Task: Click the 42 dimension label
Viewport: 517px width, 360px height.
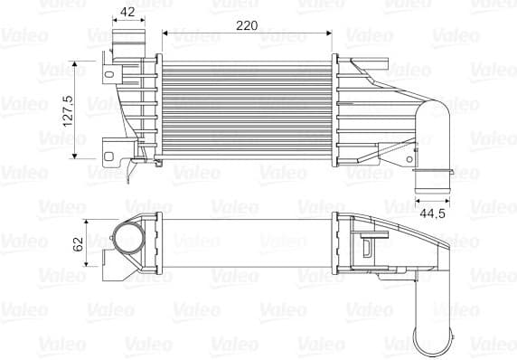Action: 127,12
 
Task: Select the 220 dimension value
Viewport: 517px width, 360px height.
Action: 246,25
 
